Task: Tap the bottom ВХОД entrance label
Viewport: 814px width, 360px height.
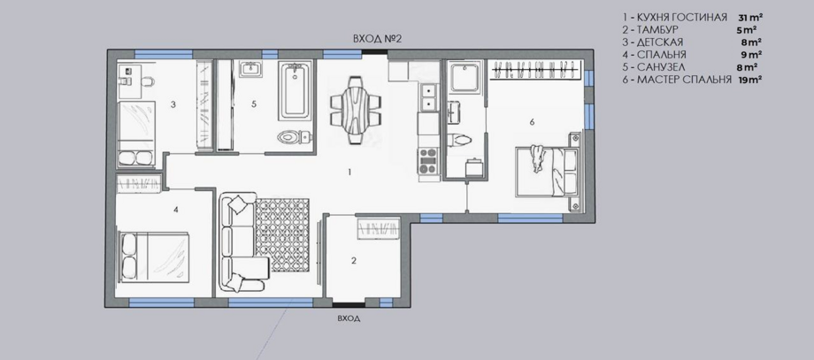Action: click(349, 318)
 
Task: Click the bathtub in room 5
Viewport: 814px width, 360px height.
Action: click(295, 91)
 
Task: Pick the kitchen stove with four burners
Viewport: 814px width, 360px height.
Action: click(429, 161)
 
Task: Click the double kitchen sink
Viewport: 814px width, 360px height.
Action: click(429, 97)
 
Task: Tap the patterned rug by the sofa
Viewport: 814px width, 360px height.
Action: click(282, 235)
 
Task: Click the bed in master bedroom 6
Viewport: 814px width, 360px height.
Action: click(547, 172)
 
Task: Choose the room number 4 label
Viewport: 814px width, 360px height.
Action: click(176, 210)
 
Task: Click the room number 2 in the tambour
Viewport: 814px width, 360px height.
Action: click(354, 260)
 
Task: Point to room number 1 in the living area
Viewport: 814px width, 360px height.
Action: click(349, 172)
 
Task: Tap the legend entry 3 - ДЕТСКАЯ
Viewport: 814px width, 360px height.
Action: click(653, 42)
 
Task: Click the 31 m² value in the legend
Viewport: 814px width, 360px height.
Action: click(750, 18)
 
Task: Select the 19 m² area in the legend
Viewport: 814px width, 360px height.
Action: click(750, 80)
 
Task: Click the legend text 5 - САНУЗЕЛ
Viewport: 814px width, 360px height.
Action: click(654, 67)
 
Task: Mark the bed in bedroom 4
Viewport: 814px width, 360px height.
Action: click(154, 257)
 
